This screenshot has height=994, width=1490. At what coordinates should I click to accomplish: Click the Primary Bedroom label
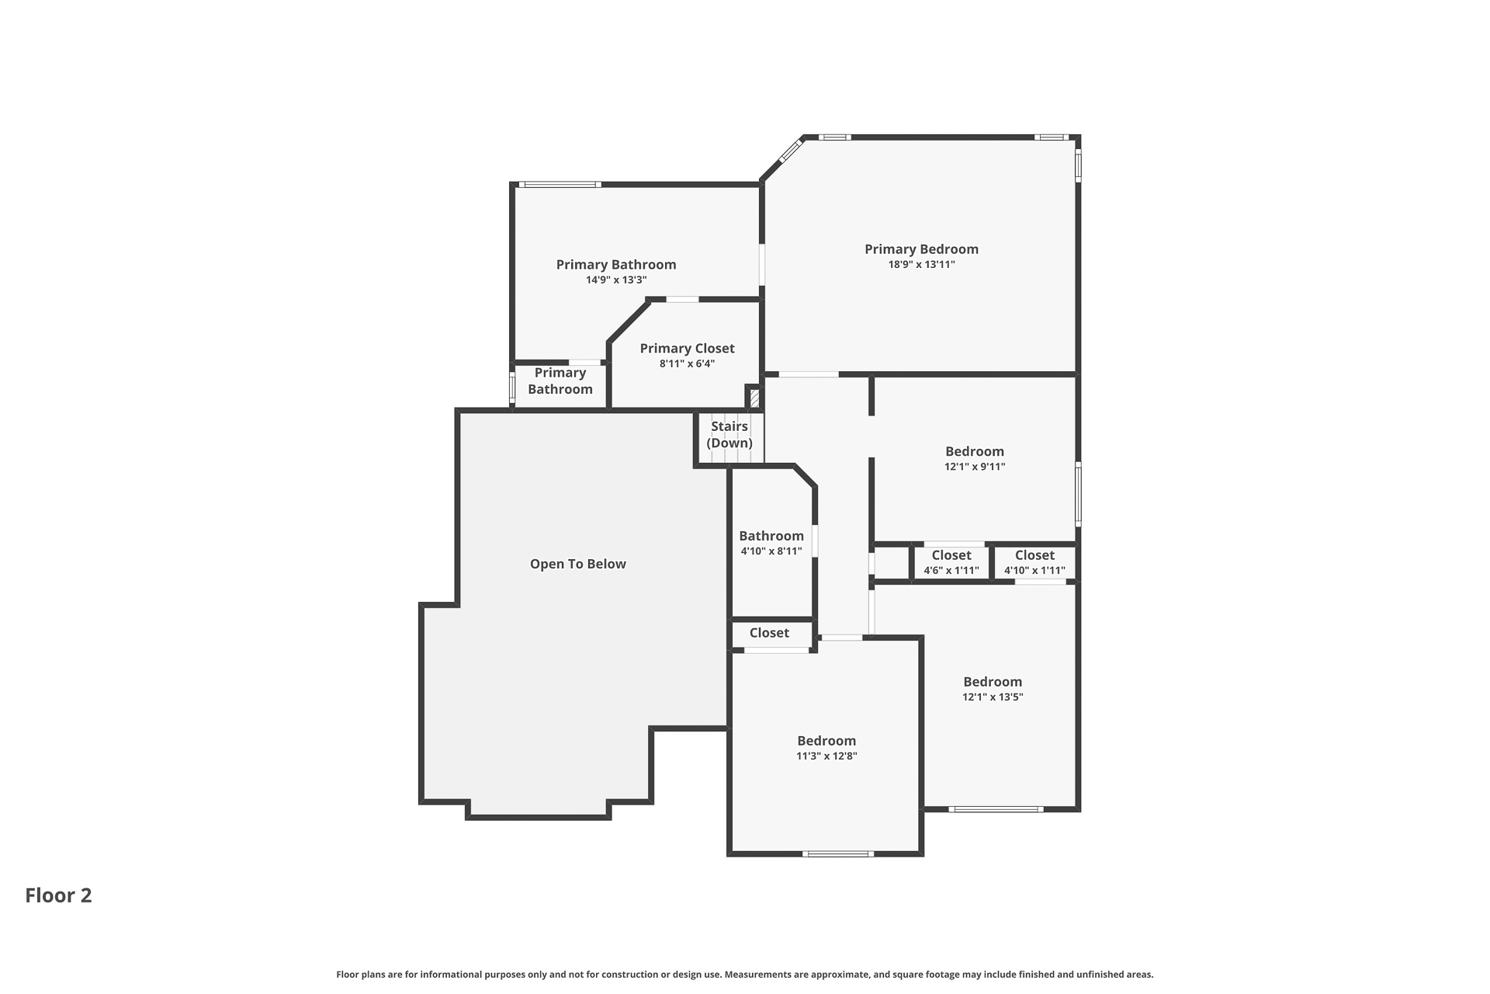921,249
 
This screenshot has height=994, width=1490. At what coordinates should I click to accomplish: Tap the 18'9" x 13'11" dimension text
921,265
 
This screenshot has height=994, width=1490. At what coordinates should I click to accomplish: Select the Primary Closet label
687,349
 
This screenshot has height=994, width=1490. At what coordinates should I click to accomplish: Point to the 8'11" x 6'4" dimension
687,363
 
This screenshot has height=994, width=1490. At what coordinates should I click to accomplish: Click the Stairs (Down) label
729,435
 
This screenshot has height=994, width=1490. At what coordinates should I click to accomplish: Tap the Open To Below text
577,565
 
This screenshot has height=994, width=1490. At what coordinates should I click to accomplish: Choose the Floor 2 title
58,895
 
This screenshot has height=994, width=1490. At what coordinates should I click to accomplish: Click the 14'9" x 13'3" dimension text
615,280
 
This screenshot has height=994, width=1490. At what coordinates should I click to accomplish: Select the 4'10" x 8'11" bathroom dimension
771,551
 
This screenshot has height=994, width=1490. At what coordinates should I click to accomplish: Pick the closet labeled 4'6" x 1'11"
951,563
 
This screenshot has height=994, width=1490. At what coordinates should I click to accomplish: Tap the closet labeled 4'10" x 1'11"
1034,563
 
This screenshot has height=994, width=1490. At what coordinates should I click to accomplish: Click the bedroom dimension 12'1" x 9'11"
974,467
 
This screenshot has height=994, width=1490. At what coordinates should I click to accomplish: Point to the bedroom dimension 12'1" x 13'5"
993,697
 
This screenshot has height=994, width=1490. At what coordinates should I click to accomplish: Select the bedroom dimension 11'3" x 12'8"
826,756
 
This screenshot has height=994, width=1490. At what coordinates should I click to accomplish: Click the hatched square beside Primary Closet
754,398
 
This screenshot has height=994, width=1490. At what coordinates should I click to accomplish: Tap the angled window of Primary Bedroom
790,151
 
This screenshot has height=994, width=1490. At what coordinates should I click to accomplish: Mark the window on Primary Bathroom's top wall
560,185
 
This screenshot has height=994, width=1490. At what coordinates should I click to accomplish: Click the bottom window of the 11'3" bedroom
837,854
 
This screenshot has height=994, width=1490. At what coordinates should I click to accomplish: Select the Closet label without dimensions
769,633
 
